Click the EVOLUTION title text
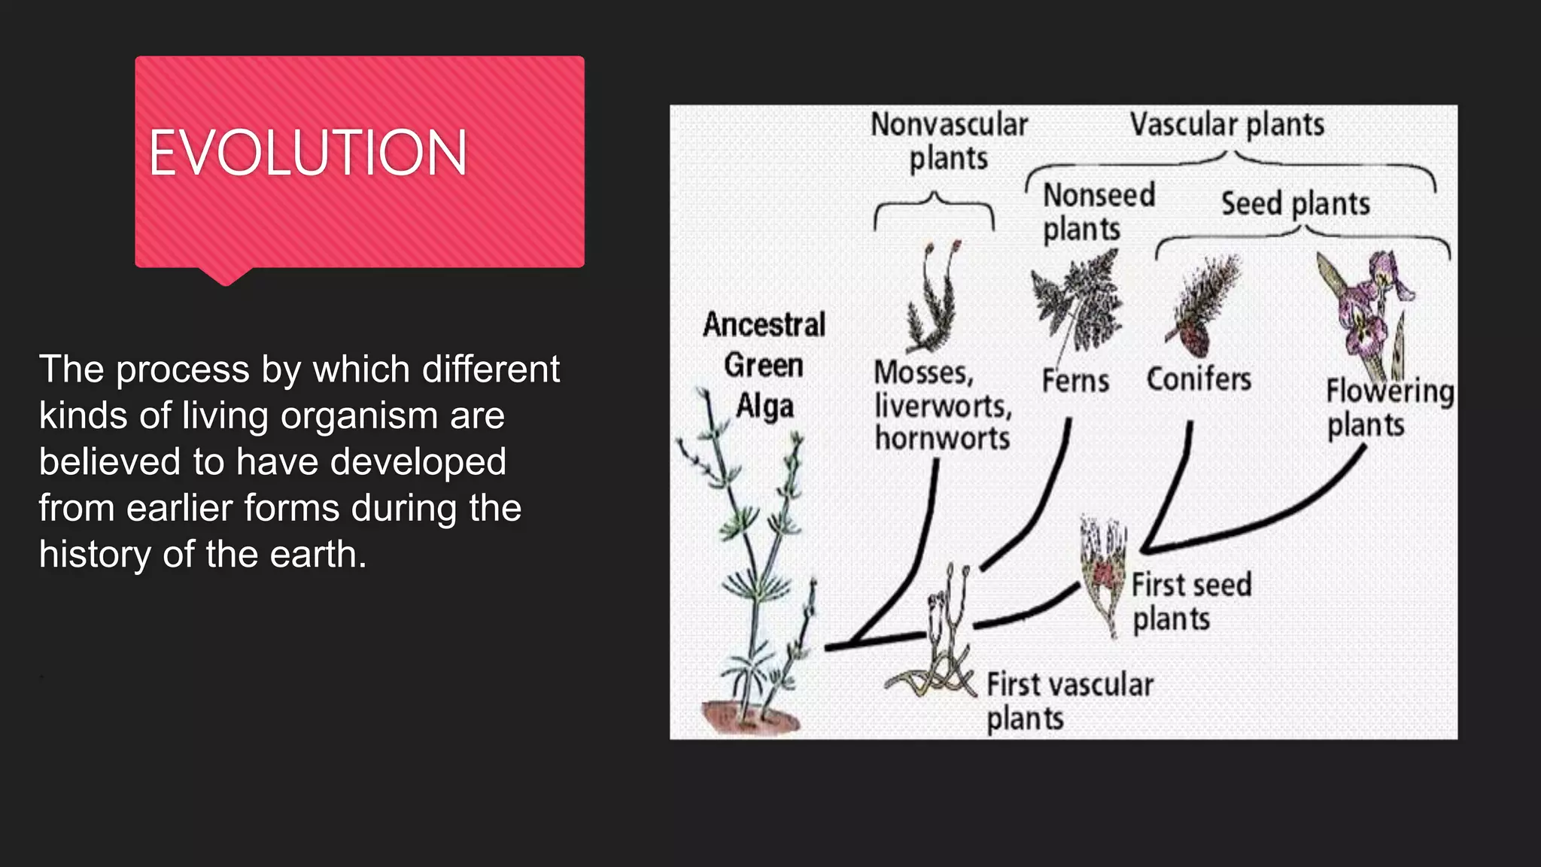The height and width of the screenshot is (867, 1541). pos(308,153)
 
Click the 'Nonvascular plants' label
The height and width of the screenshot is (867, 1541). pos(949,141)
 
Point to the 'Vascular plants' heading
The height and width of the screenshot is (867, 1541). pos(1227,125)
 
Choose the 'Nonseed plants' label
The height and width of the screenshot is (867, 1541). pos(1098,212)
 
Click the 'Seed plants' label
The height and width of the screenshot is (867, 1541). pos(1295,204)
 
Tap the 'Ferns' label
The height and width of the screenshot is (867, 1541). pos(1075,381)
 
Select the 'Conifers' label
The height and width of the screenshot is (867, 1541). pos(1199,379)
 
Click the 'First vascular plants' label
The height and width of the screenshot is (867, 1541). pos(1068,701)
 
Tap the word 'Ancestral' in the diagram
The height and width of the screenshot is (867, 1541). pos(764,325)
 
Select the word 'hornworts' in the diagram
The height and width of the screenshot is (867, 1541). pos(942,439)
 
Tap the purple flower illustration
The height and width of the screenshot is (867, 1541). pos(1366,309)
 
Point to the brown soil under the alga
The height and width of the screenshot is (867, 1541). pos(749,717)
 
